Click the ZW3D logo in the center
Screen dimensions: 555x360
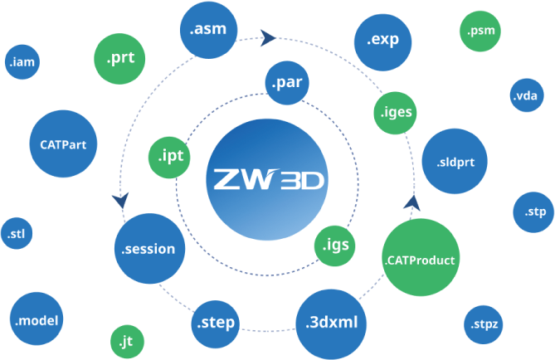267,180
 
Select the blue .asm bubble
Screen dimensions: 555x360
208,29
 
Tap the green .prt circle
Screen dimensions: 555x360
119,59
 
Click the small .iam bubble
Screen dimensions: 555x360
22,62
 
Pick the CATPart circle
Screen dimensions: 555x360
63,144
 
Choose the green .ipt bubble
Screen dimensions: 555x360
169,157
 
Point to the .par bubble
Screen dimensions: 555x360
287,83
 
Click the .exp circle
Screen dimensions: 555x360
383,42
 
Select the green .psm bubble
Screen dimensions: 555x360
480,32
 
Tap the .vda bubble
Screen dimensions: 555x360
527,95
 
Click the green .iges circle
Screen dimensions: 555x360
396,113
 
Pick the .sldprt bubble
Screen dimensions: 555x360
455,161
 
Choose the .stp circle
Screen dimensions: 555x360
533,212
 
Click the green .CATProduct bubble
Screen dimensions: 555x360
421,257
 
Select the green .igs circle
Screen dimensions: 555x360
334,246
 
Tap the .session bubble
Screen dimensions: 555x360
149,249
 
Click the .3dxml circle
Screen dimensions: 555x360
331,324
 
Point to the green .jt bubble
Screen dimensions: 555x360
128,342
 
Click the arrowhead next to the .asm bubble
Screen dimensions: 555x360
268,38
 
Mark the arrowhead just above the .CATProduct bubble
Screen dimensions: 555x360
412,203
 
